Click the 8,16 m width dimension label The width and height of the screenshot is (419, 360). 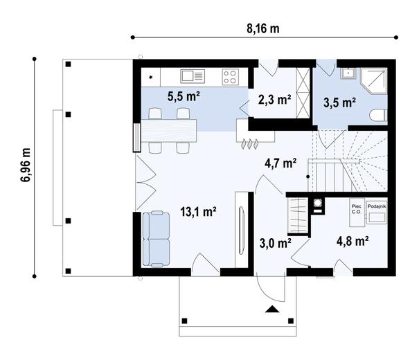tap(263, 28)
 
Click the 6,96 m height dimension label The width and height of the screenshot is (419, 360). tap(26, 165)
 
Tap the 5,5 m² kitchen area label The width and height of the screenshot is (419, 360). tap(184, 96)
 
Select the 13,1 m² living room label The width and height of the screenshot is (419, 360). tap(198, 212)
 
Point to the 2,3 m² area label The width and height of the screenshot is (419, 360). tap(274, 100)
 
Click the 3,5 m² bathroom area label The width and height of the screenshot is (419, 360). tap(339, 103)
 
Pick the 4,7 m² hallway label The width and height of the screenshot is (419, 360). tap(280, 163)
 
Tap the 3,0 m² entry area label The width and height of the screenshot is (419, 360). tap(275, 243)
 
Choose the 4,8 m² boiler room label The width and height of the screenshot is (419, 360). tap(353, 241)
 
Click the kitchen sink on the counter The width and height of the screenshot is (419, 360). tap(193, 76)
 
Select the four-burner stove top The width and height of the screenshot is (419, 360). tap(231, 77)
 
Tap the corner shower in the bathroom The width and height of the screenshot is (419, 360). tap(374, 81)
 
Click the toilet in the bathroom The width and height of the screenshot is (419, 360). tap(378, 116)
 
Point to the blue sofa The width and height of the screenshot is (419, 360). tap(156, 239)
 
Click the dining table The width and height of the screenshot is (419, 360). tap(168, 131)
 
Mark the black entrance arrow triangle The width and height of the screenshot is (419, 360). tap(272, 309)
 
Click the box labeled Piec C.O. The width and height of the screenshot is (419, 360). tap(357, 213)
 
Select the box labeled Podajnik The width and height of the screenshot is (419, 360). tap(377, 213)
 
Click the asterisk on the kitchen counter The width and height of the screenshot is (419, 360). tap(151, 78)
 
